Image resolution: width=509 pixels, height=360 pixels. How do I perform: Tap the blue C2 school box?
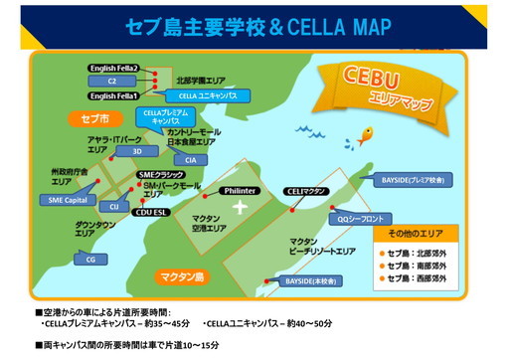[x=112, y=82]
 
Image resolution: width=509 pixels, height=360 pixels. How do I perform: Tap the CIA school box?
[x=191, y=159]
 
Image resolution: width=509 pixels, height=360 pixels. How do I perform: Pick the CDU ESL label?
[x=154, y=210]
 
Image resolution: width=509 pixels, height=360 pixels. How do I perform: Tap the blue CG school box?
[x=91, y=259]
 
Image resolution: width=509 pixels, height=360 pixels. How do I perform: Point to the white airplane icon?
[x=239, y=207]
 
